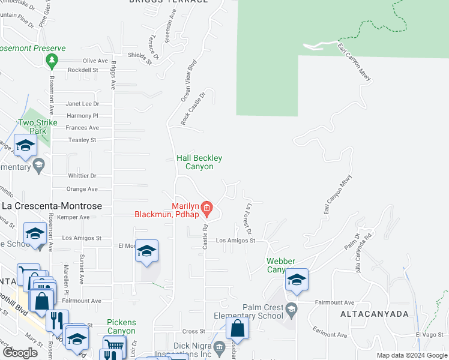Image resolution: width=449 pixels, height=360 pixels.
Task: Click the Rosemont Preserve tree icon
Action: point(52,60)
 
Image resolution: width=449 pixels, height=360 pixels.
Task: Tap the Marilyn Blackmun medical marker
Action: point(207,209)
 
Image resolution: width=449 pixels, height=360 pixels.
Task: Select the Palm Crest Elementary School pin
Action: point(291,310)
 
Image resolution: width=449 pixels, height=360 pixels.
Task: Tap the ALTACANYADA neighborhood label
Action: point(375,314)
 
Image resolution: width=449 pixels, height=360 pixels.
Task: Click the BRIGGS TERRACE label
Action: point(168,2)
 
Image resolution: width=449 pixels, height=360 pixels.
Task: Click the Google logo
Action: point(20,353)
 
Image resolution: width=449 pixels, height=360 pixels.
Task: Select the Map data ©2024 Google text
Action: point(412,355)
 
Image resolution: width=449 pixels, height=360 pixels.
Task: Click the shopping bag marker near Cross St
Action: point(238,328)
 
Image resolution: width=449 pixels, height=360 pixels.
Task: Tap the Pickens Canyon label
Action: point(121,326)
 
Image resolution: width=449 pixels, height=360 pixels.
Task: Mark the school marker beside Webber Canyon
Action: point(296,280)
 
